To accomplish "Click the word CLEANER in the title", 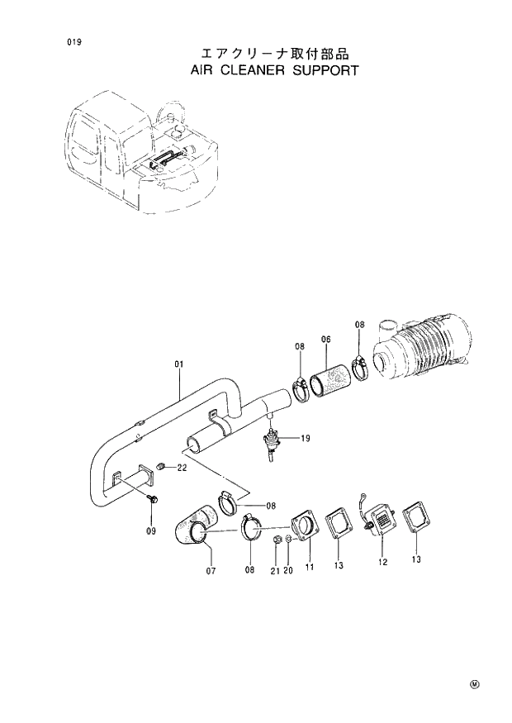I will [x=248, y=70].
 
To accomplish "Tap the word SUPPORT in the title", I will [x=326, y=70].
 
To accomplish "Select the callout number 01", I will [x=178, y=363].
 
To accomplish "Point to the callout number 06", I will [x=326, y=340].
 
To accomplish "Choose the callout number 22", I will [x=182, y=469].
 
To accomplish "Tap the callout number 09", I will [x=151, y=530].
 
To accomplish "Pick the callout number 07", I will [x=211, y=571].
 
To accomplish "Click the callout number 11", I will [x=310, y=568].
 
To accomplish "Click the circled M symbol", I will [x=475, y=684].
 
